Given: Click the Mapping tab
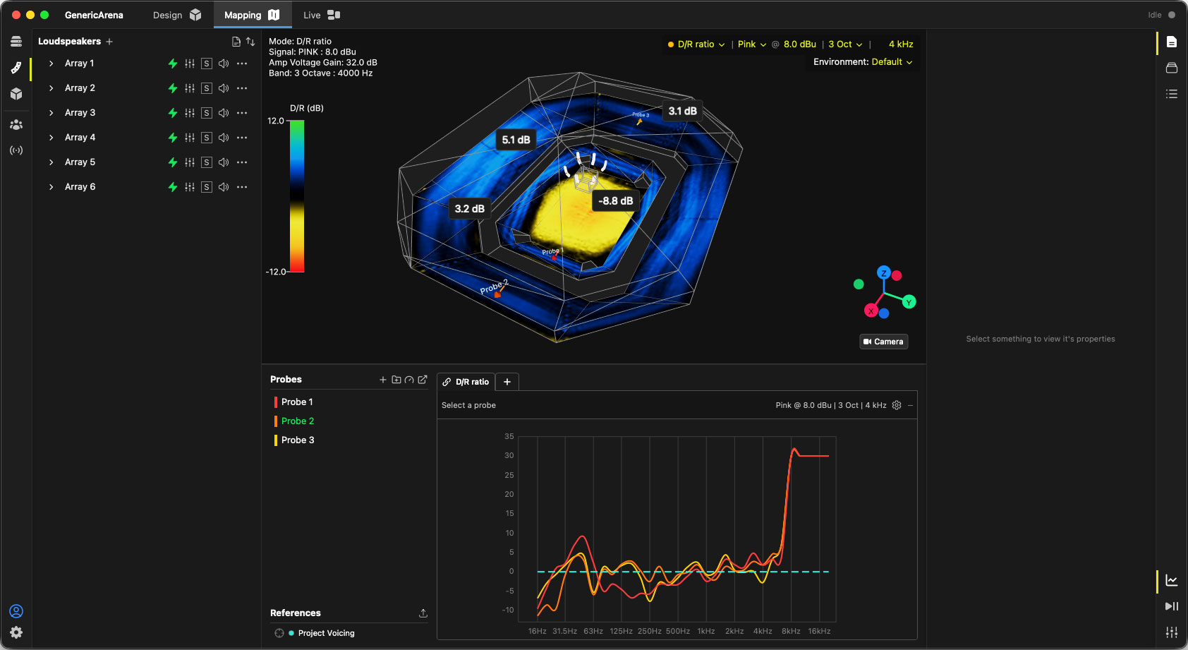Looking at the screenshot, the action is [x=252, y=15].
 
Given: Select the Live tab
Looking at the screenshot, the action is [x=322, y=15].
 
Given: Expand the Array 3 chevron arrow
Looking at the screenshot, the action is [x=51, y=112].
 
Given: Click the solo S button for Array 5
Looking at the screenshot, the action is [x=206, y=162].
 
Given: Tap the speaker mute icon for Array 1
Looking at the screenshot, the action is [x=224, y=64].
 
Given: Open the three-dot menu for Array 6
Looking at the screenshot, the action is [x=242, y=187].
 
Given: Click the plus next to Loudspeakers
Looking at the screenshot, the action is [x=109, y=42].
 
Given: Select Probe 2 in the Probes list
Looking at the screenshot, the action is [x=298, y=421].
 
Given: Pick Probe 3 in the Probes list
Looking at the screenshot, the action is [x=298, y=440].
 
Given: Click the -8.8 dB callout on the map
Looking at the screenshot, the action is [x=615, y=201].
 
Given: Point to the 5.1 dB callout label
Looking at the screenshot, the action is [x=516, y=140].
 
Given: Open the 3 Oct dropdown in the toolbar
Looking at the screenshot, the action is [x=845, y=44].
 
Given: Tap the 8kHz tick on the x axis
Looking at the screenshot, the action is [x=791, y=631].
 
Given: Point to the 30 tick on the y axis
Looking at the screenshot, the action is [x=509, y=455].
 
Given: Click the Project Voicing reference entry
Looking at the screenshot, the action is [x=326, y=633].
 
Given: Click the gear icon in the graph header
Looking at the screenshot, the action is [x=897, y=405].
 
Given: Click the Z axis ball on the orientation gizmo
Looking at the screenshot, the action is [x=883, y=273].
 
